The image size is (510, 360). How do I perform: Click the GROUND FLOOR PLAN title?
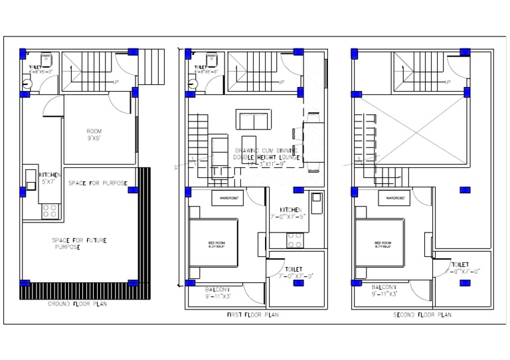77,304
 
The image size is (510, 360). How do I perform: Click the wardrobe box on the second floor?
396,197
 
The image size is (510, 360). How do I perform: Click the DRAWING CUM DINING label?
266,151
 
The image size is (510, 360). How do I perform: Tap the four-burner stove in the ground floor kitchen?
48,211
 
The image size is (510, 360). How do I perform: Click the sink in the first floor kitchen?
317,199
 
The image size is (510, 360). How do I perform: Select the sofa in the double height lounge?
253,121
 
